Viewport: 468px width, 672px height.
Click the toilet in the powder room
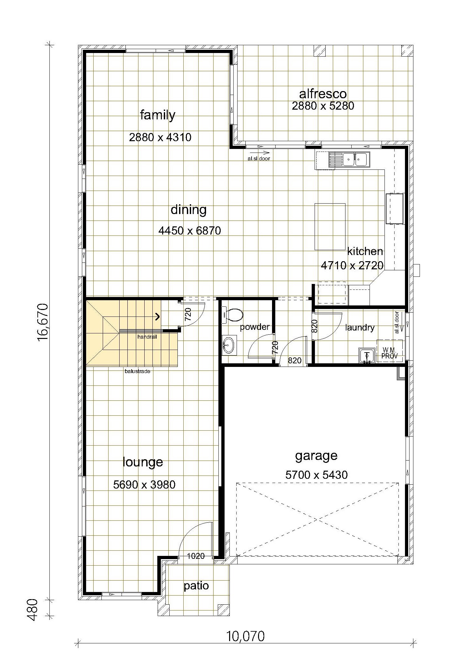point(233,315)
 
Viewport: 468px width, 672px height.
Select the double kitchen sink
point(349,159)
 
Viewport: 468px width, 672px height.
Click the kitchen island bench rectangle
point(330,226)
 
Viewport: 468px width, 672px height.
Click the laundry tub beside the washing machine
point(367,355)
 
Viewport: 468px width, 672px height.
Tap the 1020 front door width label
point(196,556)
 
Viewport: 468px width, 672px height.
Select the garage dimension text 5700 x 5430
point(317,475)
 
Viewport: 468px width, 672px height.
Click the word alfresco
point(323,94)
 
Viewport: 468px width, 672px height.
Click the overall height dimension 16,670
point(43,322)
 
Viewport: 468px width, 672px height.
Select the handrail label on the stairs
point(147,337)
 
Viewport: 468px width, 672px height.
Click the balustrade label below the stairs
point(137,371)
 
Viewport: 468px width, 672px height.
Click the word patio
point(196,586)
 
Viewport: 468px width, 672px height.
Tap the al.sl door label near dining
point(258,159)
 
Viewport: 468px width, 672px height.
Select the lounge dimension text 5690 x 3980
point(144,485)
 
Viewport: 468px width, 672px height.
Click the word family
point(158,115)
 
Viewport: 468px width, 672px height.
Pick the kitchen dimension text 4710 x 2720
point(352,265)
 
